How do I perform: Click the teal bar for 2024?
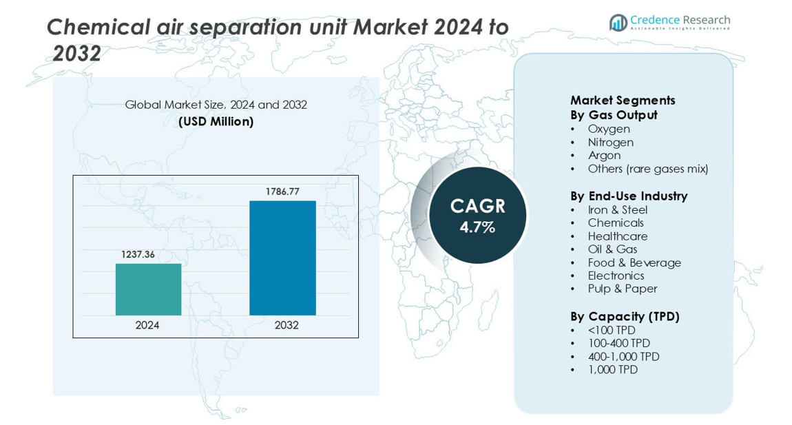[148, 289]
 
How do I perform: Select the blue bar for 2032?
[282, 258]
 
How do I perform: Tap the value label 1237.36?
[138, 255]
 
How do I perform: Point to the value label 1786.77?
[282, 191]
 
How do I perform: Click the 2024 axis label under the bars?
[147, 325]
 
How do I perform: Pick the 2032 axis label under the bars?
[286, 325]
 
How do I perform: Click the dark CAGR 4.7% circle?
[477, 216]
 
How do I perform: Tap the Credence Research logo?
[669, 23]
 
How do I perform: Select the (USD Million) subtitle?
[216, 122]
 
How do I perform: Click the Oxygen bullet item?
[609, 129]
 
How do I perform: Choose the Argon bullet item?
[604, 156]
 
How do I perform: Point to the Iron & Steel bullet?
[617, 209]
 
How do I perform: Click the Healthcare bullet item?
[617, 236]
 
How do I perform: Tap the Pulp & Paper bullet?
[622, 289]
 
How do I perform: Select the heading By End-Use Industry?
[628, 196]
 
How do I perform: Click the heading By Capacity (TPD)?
[625, 316]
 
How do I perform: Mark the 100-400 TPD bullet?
[618, 343]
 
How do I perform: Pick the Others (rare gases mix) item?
[647, 169]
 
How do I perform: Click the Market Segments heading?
[623, 100]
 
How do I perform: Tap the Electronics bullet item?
[616, 276]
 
